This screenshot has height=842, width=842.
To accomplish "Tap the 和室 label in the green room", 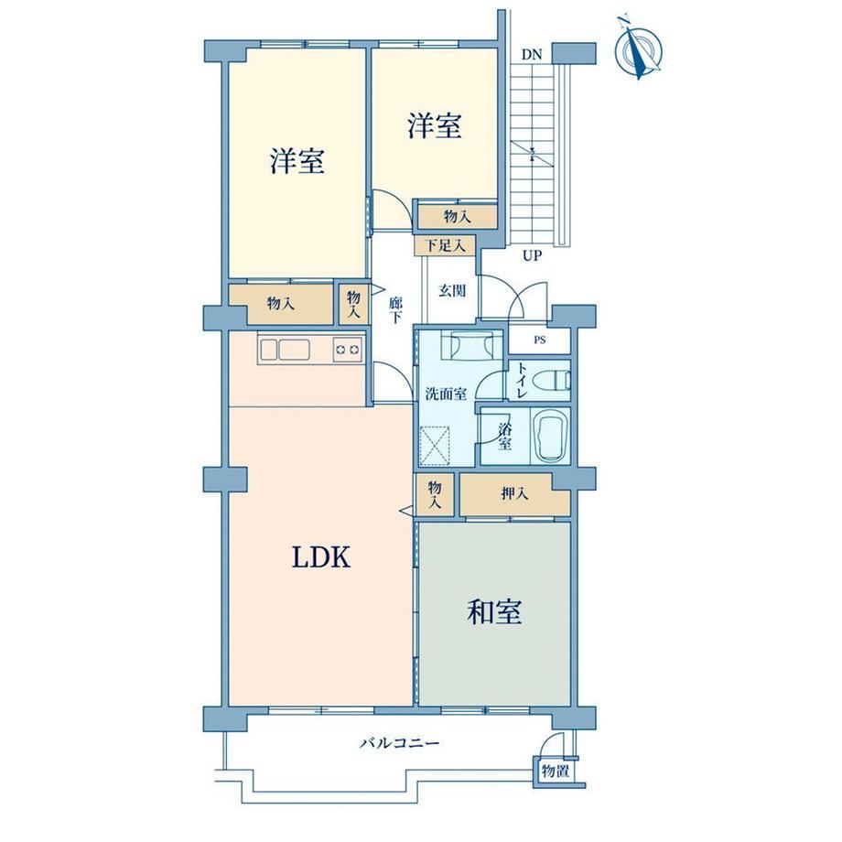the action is point(494,611).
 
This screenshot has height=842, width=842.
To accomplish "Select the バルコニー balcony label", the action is point(400,743).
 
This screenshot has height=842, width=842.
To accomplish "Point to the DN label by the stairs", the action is point(532,54).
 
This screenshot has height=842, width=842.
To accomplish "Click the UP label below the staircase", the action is point(532,255).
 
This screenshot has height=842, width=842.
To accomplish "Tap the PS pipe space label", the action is point(540,340).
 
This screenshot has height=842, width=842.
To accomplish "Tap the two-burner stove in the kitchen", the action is point(348,351).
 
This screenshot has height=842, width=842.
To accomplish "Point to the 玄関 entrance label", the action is point(452,290).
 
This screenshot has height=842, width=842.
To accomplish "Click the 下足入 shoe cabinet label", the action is point(445,246).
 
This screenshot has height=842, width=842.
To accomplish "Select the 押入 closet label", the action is point(514,493).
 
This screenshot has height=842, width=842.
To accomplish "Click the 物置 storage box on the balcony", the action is point(556,772).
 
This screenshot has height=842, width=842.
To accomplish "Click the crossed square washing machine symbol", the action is point(435,445).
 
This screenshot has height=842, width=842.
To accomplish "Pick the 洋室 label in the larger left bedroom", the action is point(297,160).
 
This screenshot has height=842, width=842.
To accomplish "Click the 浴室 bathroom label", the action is point(505,436).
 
